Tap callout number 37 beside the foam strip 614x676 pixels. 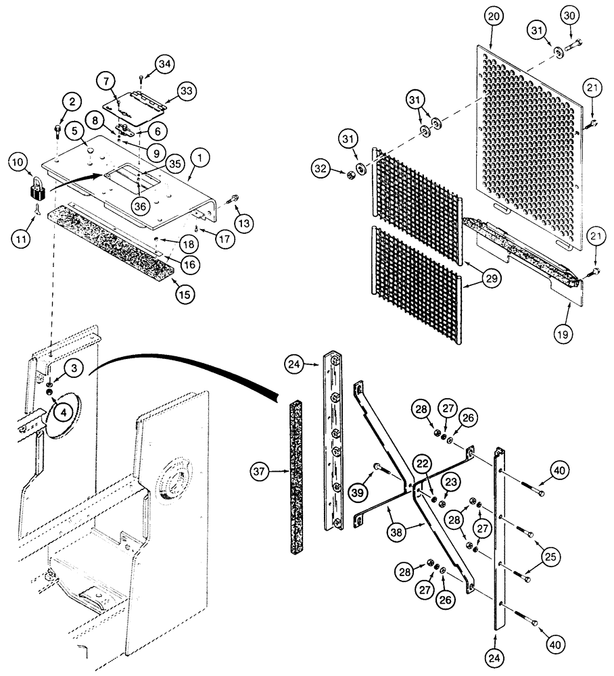pos(261,468)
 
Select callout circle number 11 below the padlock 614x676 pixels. pos(22,239)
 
